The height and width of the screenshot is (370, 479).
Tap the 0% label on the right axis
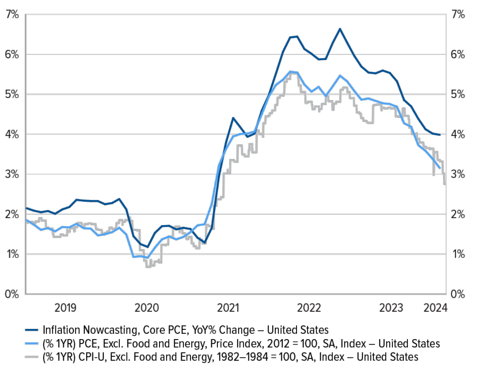tap(458, 294)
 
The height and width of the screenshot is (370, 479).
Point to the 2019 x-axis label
tap(65, 308)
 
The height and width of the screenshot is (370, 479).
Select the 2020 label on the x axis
tap(147, 308)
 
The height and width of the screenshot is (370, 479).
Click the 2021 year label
tap(228, 308)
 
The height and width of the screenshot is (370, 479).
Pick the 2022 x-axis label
tap(309, 308)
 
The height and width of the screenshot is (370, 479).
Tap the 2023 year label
tap(391, 308)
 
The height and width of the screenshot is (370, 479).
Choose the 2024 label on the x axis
tap(435, 308)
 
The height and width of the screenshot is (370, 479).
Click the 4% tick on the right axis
tap(458, 134)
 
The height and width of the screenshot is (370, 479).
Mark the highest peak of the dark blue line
tap(340, 29)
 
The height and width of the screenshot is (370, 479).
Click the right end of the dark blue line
tap(440, 135)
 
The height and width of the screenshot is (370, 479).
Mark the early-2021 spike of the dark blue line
tap(233, 118)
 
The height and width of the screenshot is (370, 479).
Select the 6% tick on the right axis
tap(458, 55)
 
